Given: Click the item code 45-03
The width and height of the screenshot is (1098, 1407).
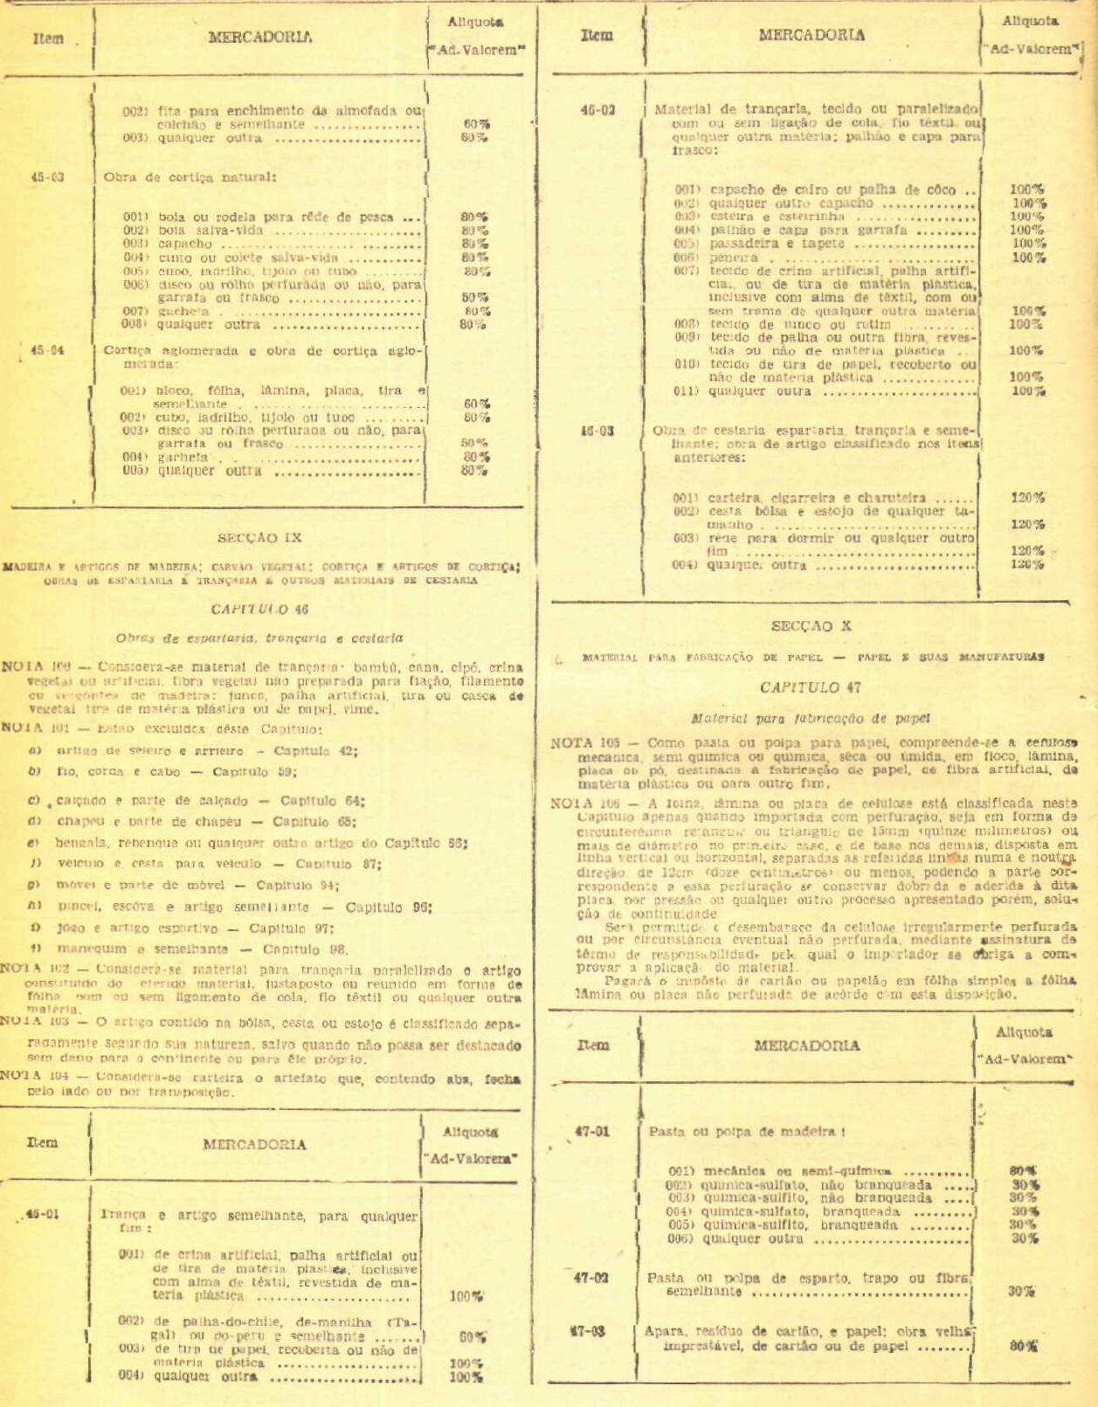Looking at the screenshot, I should [x=47, y=177].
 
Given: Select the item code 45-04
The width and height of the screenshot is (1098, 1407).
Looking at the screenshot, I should [x=47, y=351].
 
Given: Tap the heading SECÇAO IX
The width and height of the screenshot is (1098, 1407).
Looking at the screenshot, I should [x=259, y=538].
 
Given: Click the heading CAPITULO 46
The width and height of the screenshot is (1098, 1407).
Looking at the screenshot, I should [x=259, y=609].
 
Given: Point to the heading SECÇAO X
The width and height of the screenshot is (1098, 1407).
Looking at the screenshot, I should [x=811, y=626].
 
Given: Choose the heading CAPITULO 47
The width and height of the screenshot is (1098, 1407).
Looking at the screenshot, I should [x=811, y=687].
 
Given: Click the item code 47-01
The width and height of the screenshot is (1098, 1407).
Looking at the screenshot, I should [x=591, y=1132].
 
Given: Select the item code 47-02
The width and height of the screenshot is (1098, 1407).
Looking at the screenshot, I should [x=590, y=1278].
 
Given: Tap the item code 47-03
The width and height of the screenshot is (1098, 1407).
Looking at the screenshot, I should [x=589, y=1332].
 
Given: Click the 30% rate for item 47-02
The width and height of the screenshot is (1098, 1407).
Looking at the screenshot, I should [x=1021, y=1291].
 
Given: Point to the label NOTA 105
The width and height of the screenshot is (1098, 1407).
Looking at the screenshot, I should [x=584, y=743].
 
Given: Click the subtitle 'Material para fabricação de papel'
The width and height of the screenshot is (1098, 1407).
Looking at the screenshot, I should [x=811, y=719].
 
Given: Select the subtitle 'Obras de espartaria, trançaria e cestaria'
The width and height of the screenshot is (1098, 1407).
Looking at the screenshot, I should [x=259, y=638].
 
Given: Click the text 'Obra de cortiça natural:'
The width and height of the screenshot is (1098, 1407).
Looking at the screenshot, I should [x=190, y=177].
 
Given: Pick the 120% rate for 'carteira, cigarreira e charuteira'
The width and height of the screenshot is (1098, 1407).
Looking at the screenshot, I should [x=1027, y=498].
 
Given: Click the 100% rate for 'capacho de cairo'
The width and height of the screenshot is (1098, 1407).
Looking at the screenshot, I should [x=1026, y=190].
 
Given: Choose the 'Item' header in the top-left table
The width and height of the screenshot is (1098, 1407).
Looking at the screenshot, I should [x=48, y=38].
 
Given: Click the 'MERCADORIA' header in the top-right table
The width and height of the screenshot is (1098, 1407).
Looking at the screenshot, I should [x=811, y=36].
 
